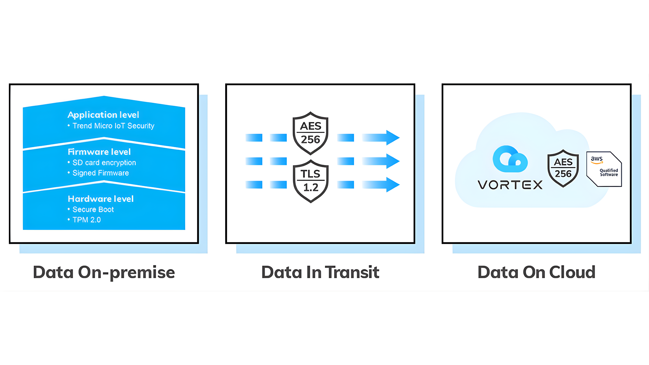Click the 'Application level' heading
coord(103,115)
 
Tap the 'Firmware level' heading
coord(99,152)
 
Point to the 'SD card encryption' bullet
coord(104,163)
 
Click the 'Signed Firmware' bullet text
coord(100,173)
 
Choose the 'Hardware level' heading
coord(100,199)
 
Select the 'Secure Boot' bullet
coord(93,210)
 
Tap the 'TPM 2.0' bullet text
coord(86,220)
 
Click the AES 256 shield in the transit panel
coord(310,133)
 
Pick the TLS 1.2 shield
coord(311,181)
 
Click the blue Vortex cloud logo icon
coord(510,159)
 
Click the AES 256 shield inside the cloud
coord(563,168)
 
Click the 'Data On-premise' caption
coord(104,272)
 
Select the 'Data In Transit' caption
coord(320,272)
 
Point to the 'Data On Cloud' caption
coord(536,272)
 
